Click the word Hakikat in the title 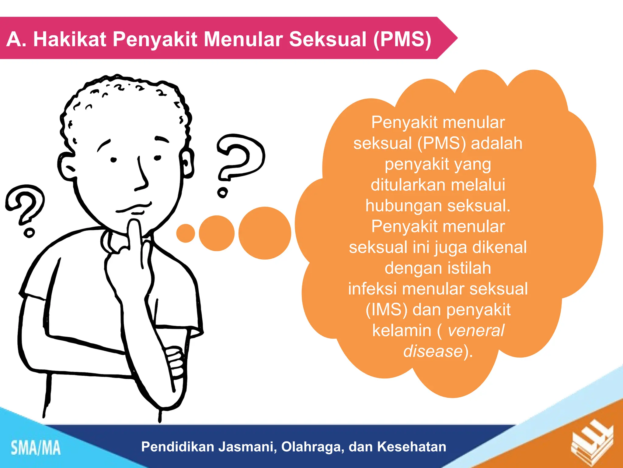pos(70,39)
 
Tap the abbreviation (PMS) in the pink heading pos(402,39)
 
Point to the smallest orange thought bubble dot pos(186,233)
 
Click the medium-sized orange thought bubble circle pos(217,233)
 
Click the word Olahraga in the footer pos(312,447)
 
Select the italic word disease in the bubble pos(433,351)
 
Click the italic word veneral pos(476,330)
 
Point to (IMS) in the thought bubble pos(386,310)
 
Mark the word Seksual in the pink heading pos(328,39)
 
